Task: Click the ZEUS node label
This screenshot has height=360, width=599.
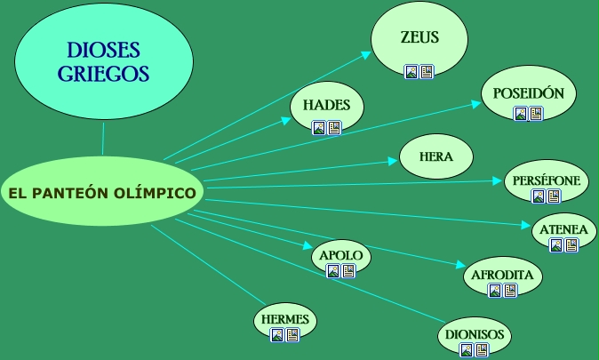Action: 419,38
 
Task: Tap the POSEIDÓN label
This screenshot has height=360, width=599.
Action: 529,92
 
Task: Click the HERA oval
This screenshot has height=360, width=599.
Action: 436,156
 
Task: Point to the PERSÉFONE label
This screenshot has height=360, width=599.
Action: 547,181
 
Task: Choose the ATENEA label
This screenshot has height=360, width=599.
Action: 563,229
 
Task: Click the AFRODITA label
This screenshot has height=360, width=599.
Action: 502,275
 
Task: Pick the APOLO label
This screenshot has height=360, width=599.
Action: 340,255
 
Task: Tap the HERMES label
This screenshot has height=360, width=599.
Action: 285,318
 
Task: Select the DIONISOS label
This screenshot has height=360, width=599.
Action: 474,334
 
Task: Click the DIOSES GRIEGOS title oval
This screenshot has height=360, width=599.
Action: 104,61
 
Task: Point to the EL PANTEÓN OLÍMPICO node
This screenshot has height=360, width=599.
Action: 102,192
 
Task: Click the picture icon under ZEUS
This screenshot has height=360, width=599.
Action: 411,71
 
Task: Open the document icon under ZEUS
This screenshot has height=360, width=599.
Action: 427,71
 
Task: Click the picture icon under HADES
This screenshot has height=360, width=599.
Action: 319,127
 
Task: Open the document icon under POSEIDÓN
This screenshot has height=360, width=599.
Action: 536,114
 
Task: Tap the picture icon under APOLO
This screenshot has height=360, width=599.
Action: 332,270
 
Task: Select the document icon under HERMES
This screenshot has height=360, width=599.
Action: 292,335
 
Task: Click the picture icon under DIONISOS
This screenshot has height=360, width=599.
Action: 467,350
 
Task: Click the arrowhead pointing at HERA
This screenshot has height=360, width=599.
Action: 393,161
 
